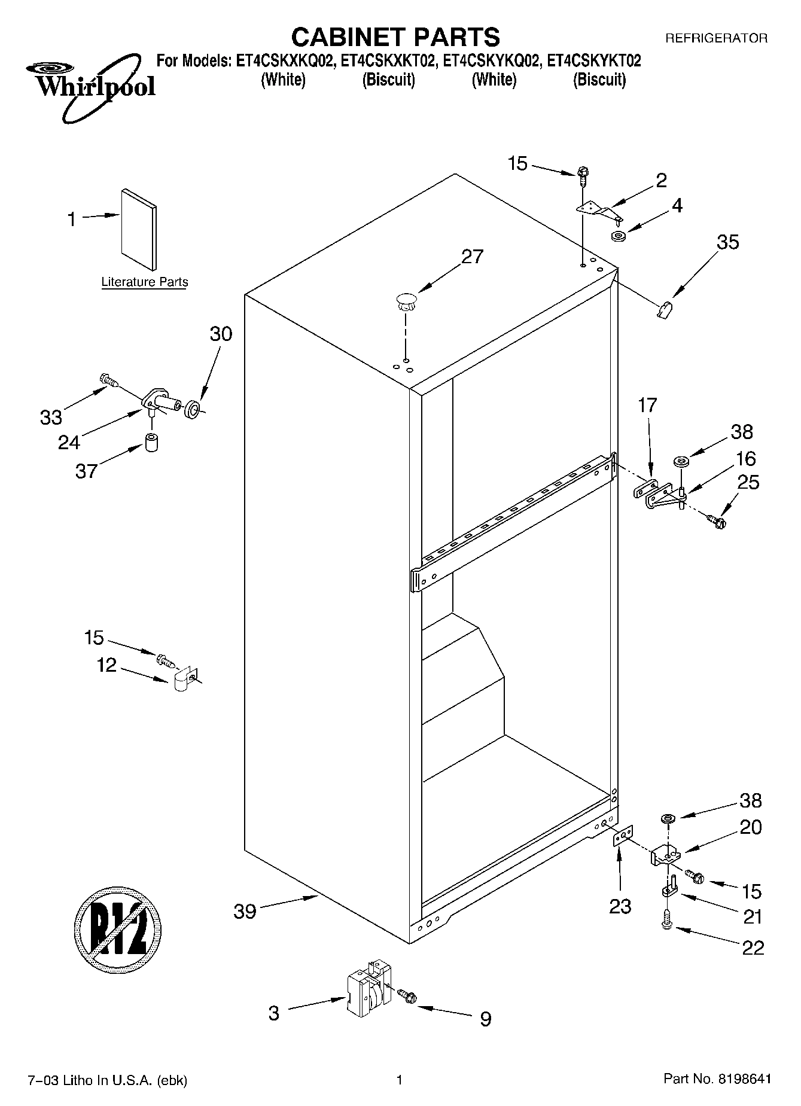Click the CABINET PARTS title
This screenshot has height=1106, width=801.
click(x=395, y=37)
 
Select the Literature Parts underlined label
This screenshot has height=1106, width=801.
click(x=144, y=282)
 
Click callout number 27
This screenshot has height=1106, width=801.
click(x=472, y=257)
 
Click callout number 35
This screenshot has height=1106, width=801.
click(x=727, y=242)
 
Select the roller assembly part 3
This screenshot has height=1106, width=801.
click(x=366, y=995)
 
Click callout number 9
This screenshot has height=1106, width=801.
click(x=485, y=1019)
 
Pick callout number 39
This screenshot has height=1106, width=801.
click(x=245, y=912)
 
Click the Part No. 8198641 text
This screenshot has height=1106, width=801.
click(x=717, y=1079)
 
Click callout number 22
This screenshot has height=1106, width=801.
click(x=753, y=948)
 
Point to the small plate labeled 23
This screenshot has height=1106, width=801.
click(x=623, y=836)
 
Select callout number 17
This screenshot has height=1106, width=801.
click(x=647, y=406)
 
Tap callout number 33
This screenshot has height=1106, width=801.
click(x=51, y=417)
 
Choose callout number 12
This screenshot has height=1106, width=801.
click(x=106, y=665)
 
